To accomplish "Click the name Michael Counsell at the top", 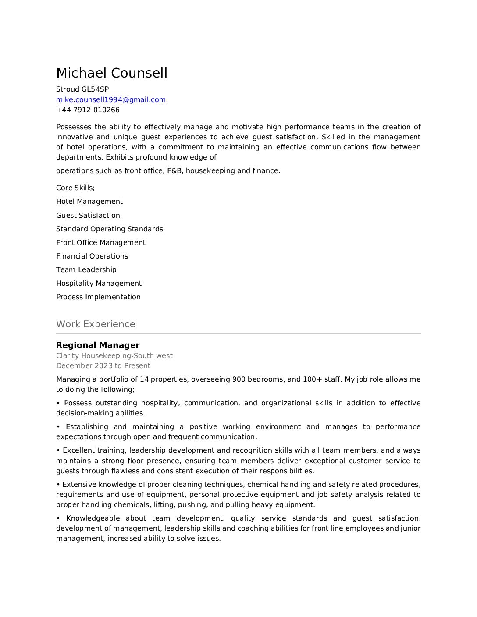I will coord(112,73).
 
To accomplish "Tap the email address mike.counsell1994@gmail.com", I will coord(111,100).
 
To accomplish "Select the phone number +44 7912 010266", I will coord(88,110).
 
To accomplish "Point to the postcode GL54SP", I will coord(95,89).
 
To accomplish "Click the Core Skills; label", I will coord(75,188).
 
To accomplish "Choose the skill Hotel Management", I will coord(89,202).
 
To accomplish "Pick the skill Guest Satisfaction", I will coord(88,216).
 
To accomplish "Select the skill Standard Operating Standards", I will coord(110,229).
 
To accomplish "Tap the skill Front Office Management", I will coord(101,243).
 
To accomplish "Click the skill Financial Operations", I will coord(92,256).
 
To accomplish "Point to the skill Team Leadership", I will coord(86,270).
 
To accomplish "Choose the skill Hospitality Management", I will coord(99,284).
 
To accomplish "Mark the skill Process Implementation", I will coord(98,297).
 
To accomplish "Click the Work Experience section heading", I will coord(96,324).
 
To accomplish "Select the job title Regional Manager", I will coord(98,345).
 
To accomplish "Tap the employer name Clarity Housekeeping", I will coord(93,356).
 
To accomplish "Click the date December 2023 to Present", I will coord(103,366).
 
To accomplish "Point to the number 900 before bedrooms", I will coord(239,379).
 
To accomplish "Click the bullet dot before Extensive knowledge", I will coord(58,485).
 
